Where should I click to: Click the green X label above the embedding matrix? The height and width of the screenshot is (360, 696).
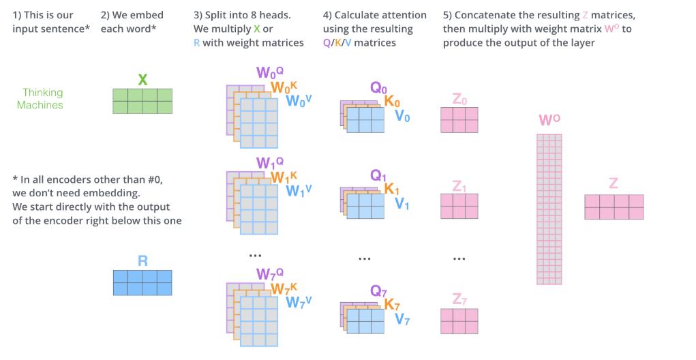coord(142,79)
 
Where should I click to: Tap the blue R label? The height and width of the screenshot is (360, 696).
coord(142,260)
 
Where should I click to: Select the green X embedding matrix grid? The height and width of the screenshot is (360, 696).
coord(142,101)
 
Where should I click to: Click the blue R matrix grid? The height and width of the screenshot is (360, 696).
coord(142,282)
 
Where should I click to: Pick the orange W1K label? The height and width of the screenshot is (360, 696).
coord(284,177)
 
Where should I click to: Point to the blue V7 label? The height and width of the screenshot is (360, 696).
coord(402,319)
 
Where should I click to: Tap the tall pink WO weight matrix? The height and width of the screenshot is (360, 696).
coord(549,209)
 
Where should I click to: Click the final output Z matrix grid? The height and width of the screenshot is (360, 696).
coord(614,207)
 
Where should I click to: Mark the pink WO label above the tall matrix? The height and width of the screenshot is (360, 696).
coord(549,121)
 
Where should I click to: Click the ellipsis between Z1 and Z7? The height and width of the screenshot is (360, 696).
coord(459,259)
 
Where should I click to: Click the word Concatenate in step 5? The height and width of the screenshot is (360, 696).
coord(487,15)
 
